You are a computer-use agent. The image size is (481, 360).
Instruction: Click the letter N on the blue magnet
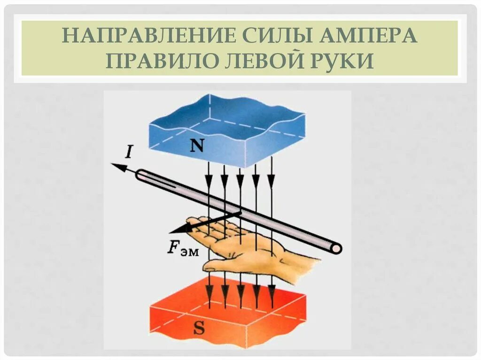tap(197, 147)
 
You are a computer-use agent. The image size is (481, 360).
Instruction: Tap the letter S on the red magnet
tap(199, 329)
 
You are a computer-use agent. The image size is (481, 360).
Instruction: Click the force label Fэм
tap(183, 249)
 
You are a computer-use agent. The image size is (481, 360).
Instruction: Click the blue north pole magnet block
tap(225, 129)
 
